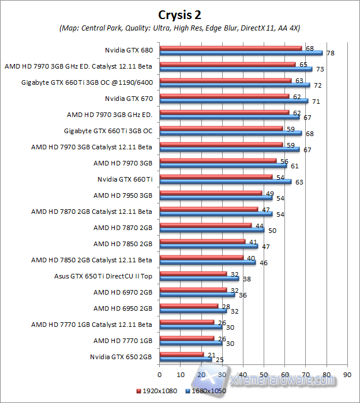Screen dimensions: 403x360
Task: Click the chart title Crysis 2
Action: [179, 14]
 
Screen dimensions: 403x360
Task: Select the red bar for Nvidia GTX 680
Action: [231, 48]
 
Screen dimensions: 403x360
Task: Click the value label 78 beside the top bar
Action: [331, 53]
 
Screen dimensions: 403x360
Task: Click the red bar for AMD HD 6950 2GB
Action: [189, 306]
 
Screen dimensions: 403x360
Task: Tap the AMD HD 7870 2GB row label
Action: [122, 228]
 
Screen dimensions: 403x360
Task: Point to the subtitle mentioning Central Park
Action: [179, 28]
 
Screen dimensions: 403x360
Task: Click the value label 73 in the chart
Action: [318, 69]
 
